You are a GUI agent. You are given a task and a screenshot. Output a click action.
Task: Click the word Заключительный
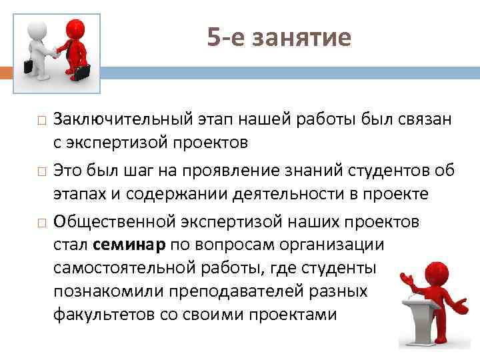(x=121, y=120)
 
